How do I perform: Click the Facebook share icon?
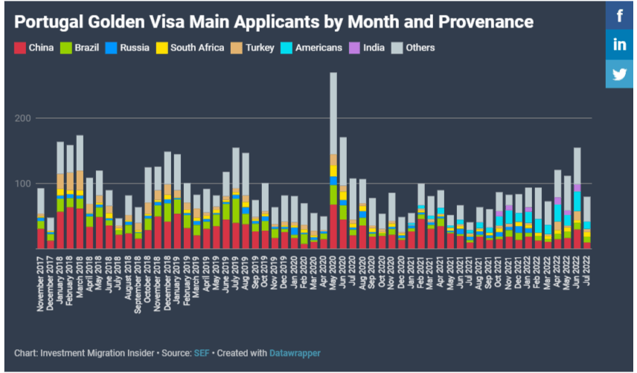click(x=620, y=15)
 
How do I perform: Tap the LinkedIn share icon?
click(x=620, y=45)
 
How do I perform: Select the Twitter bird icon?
click(x=620, y=74)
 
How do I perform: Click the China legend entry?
click(x=36, y=48)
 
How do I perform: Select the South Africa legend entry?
click(x=190, y=48)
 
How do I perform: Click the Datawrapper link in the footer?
click(x=295, y=353)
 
